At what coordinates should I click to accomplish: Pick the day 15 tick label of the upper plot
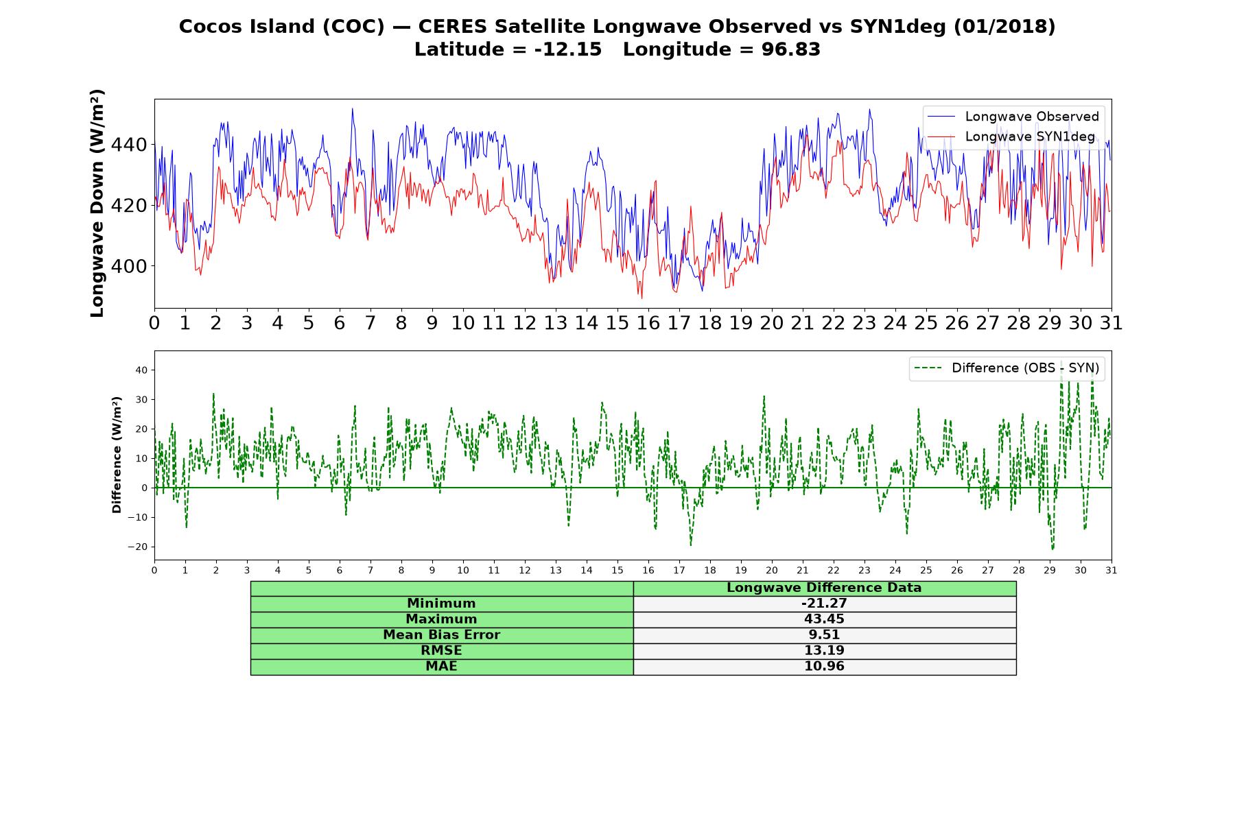pos(617,323)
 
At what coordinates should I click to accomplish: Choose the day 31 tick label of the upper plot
pos(1111,323)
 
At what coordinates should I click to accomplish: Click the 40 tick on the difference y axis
pos(142,370)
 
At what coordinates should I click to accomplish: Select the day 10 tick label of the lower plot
pos(463,571)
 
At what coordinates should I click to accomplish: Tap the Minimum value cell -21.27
pos(824,604)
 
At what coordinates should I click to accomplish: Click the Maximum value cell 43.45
pos(824,619)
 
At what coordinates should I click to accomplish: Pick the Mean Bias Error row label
pos(441,635)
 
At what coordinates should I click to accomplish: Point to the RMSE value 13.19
pos(824,651)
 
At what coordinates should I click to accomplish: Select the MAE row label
pos(441,667)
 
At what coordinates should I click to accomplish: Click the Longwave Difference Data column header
pos(824,588)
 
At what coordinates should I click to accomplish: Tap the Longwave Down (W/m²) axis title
pos(97,203)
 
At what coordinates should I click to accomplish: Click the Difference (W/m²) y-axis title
pos(117,455)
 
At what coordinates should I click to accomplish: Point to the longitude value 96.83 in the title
pos(791,49)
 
